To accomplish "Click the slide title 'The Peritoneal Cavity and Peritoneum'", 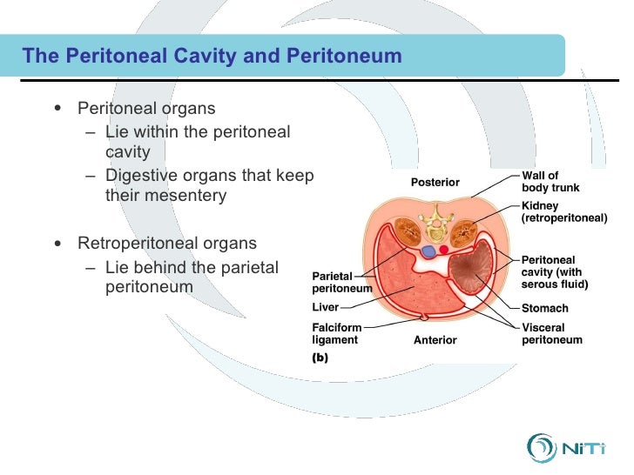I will pyautogui.click(x=212, y=57).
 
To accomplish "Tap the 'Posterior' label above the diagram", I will pyautogui.click(x=435, y=182).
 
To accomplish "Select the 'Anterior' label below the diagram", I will pyautogui.click(x=435, y=339).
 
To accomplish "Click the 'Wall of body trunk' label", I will pyautogui.click(x=550, y=182).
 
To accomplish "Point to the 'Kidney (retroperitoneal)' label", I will pyautogui.click(x=563, y=212).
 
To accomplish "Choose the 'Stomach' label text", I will pyautogui.click(x=544, y=308).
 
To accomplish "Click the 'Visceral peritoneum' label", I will pyautogui.click(x=551, y=334).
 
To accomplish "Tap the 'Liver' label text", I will pyautogui.click(x=325, y=307).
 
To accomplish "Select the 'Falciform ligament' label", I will pyautogui.click(x=336, y=334).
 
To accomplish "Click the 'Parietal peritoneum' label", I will pyautogui.click(x=342, y=282).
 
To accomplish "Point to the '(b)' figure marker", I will pyautogui.click(x=320, y=356).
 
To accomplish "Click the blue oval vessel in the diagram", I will pyautogui.click(x=428, y=251).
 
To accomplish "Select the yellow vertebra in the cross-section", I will pyautogui.click(x=435, y=228).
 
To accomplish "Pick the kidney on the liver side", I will pyautogui.click(x=406, y=232).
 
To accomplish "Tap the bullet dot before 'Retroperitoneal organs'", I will pyautogui.click(x=57, y=243).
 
